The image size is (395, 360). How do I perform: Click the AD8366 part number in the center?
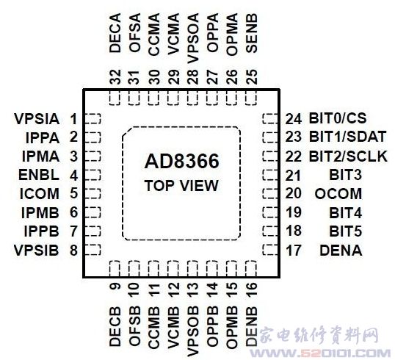[181, 162]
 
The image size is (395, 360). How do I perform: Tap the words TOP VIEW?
[181, 186]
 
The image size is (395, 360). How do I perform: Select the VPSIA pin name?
[37, 119]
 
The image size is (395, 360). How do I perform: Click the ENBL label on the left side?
[39, 175]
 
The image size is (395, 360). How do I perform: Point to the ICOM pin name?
[40, 194]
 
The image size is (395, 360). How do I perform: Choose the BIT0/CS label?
[338, 118]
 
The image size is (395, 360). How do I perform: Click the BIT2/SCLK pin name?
[348, 156]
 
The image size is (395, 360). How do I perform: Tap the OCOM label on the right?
[338, 194]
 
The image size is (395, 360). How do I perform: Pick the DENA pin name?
[341, 251]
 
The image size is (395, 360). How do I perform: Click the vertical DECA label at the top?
[115, 33]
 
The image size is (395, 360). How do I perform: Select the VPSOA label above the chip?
[193, 38]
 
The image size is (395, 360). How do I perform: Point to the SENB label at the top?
[251, 33]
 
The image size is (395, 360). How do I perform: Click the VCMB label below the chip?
[173, 327]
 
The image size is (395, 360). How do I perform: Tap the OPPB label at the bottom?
[212, 326]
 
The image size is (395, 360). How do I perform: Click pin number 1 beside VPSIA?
[73, 119]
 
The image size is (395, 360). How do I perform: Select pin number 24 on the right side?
[294, 119]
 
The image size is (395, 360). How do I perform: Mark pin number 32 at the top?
[115, 77]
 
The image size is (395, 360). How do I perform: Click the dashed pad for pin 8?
[93, 250]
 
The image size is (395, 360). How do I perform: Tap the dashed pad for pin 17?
[270, 250]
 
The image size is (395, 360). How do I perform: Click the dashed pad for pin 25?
[251, 98]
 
